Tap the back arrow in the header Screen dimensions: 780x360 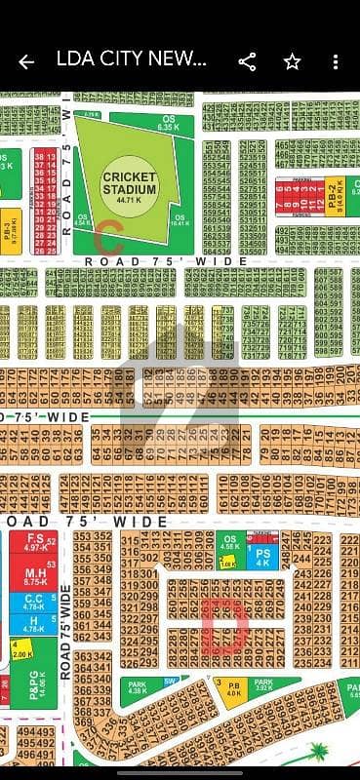[26, 61]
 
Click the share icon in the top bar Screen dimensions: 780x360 [247, 61]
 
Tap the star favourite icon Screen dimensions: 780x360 [292, 61]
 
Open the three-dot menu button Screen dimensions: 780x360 [336, 61]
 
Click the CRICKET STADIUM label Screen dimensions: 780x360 [130, 182]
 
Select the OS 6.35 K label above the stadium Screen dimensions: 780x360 [168, 124]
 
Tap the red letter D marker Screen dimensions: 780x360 [223, 625]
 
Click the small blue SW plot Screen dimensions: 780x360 [170, 682]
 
